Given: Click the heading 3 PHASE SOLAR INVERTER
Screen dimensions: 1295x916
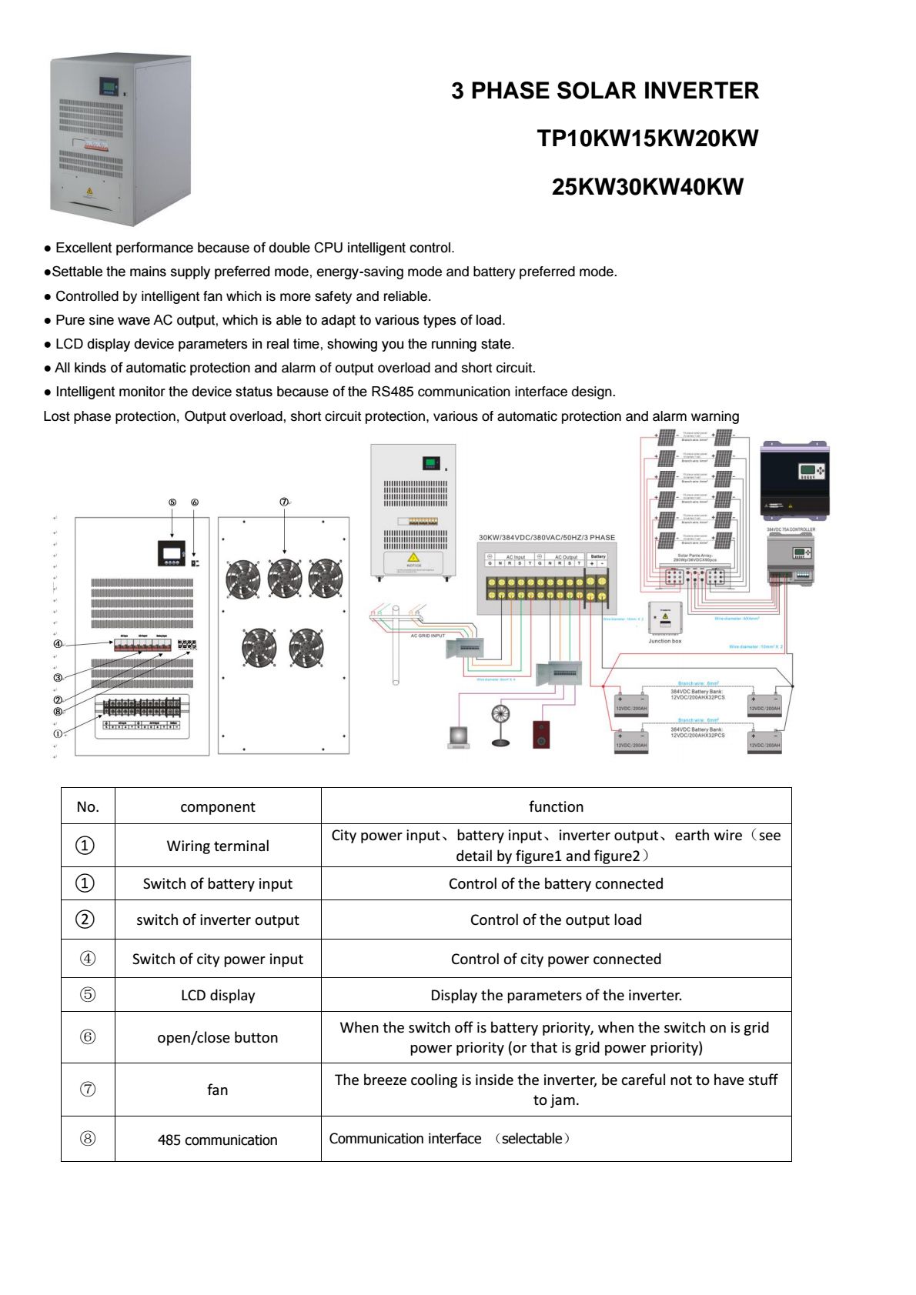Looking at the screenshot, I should pos(604,91).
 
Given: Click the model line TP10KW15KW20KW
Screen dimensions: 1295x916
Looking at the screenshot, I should pos(647,139).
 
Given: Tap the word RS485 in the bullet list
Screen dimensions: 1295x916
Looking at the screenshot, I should pos(392,392).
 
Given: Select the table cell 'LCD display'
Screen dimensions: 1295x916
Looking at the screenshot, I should pos(218,995).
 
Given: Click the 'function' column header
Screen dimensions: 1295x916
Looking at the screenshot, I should pos(556,806).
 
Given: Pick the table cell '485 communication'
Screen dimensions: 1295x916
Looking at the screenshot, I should pos(218,1140).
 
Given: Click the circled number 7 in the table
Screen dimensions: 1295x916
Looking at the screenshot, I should pos(88,1090).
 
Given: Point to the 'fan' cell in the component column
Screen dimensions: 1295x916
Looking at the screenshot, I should pos(218,1090).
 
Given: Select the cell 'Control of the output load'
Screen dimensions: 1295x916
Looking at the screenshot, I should pos(556,920).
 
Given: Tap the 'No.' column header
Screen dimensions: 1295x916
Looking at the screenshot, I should pos(88,806).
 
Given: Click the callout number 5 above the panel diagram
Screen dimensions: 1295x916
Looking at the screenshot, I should pos(172,502).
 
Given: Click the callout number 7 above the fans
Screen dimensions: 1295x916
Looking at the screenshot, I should pos(284,502).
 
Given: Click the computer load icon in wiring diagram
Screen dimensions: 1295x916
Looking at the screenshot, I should pos(458,736).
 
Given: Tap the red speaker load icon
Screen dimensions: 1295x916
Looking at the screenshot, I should pos(541,734).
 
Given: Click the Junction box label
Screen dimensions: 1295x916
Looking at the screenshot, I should pos(664,641).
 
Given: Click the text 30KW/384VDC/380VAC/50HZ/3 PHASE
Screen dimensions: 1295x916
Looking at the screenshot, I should pos(547,537).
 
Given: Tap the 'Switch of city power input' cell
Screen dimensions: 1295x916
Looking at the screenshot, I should pos(218,959).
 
